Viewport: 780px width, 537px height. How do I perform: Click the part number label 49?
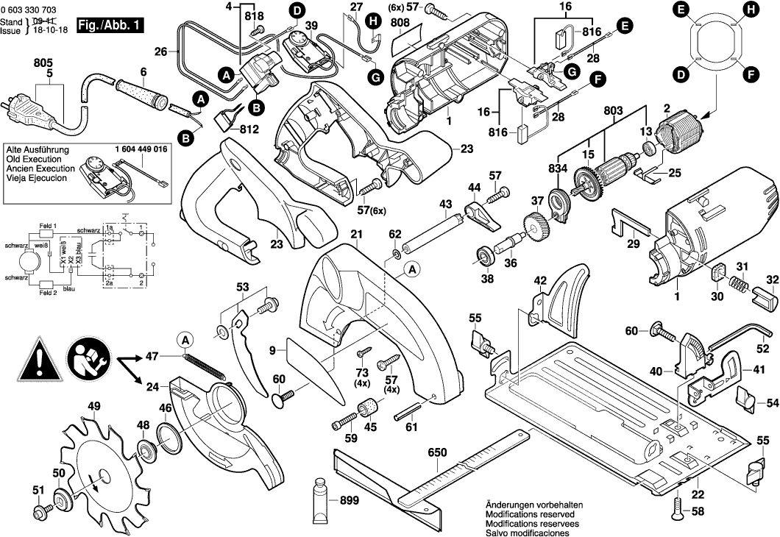(x=94, y=406)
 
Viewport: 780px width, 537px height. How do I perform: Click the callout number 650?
(x=437, y=455)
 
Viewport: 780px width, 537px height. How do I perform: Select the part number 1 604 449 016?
(x=141, y=149)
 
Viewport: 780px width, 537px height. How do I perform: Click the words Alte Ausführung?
(x=38, y=149)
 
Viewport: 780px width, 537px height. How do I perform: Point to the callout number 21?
(x=357, y=235)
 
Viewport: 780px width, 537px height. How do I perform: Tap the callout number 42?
(x=540, y=280)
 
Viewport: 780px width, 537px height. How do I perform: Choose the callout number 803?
(x=611, y=110)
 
